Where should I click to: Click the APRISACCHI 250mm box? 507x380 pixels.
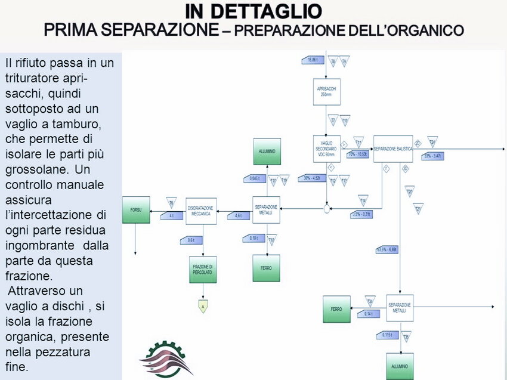(x=326, y=92)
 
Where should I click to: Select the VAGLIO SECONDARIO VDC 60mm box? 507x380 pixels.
(x=326, y=148)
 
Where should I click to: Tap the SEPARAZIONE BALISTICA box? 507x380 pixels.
(x=393, y=148)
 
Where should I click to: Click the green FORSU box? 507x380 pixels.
(x=136, y=209)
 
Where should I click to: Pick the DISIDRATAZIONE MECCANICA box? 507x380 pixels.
(x=200, y=211)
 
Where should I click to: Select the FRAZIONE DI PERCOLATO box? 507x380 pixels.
(x=203, y=269)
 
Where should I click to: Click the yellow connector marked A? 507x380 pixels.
(x=203, y=307)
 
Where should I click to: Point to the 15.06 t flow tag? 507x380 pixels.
(x=314, y=60)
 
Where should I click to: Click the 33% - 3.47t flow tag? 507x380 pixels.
(x=432, y=156)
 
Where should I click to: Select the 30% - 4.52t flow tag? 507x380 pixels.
(x=313, y=178)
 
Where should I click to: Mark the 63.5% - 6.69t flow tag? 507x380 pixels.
(x=388, y=249)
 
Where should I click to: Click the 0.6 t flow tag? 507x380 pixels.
(x=191, y=240)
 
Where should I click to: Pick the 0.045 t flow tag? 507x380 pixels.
(x=255, y=178)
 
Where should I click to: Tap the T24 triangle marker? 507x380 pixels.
(x=432, y=141)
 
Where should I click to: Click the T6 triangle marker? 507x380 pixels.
(x=171, y=202)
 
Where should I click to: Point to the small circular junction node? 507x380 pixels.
(x=327, y=208)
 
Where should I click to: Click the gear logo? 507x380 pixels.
(x=166, y=359)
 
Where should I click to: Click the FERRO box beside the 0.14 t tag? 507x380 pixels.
(x=336, y=309)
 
